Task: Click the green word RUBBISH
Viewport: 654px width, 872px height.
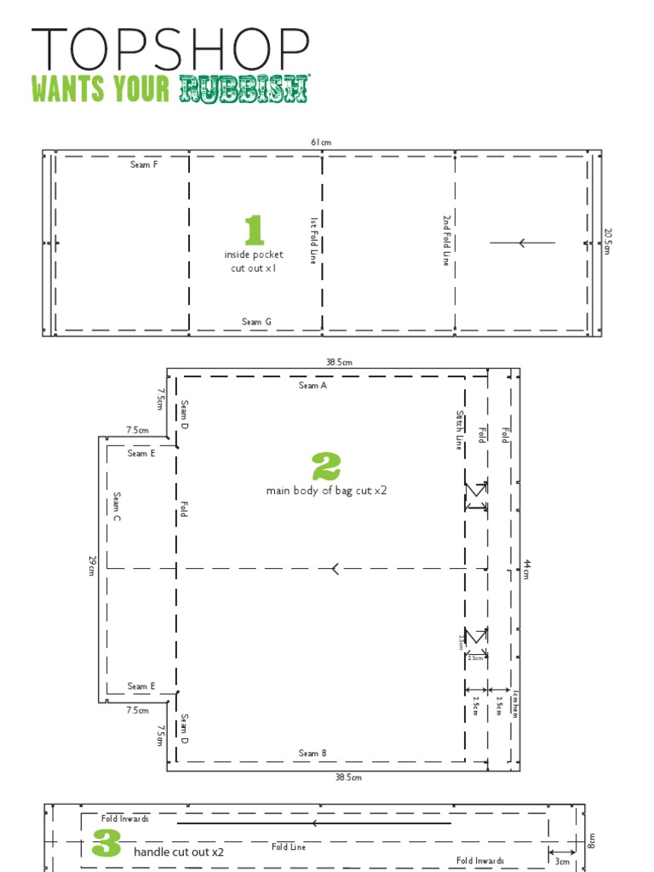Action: coord(244,89)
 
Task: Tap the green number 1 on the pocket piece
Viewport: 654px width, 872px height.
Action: coord(254,231)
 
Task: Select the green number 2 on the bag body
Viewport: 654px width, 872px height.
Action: coord(326,467)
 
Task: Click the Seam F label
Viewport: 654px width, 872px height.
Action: coord(144,164)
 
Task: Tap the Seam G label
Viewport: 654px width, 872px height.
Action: coord(256,322)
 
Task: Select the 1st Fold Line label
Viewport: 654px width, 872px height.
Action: coord(313,240)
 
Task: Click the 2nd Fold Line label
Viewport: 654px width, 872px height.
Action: coord(445,240)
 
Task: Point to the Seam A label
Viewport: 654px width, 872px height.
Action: coord(313,386)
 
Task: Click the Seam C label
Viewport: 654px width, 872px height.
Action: coord(117,507)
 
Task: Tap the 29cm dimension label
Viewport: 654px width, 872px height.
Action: coord(91,565)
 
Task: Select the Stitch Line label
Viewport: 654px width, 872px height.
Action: coord(460,430)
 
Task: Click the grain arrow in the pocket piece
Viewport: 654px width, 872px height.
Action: coord(522,243)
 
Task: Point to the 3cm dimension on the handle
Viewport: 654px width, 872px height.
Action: coord(561,861)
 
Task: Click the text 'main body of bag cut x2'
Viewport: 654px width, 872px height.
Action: coord(326,490)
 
